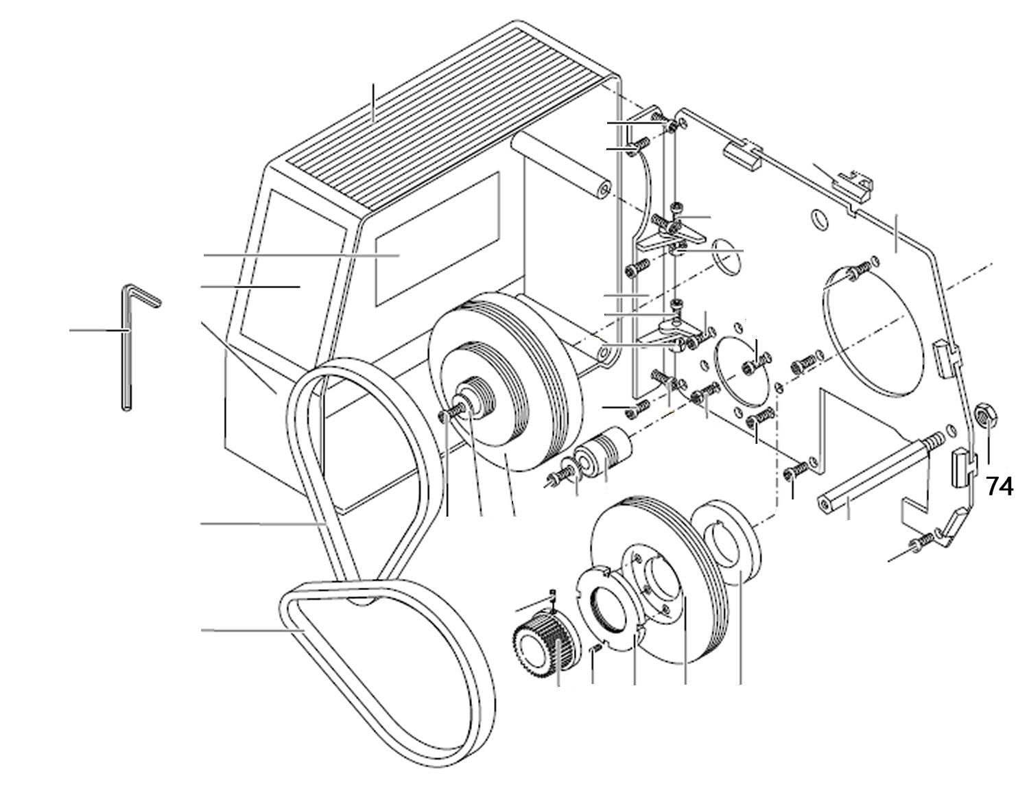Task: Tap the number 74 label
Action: [x=1000, y=486]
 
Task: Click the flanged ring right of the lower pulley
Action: [x=728, y=542]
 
